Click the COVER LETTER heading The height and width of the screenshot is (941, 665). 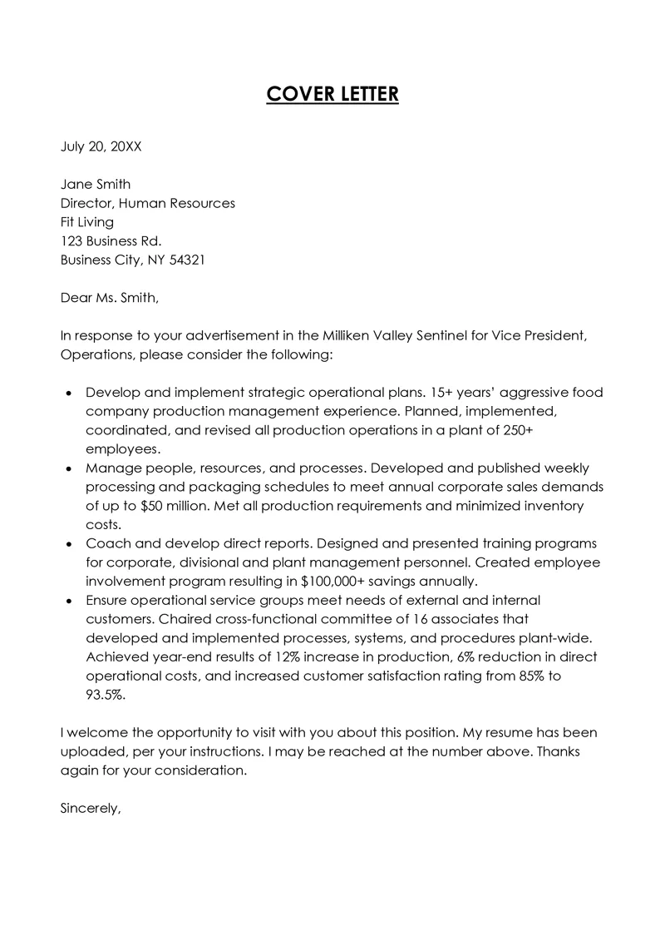pos(332,95)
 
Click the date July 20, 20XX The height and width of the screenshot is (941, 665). pos(101,147)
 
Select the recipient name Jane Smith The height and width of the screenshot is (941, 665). pos(96,184)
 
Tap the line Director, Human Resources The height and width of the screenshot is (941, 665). pos(148,203)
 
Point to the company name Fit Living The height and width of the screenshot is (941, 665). pos(87,222)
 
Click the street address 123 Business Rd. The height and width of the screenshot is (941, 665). pos(111,241)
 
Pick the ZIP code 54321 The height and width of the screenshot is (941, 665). pos(186,260)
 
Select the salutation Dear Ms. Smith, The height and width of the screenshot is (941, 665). pos(109,297)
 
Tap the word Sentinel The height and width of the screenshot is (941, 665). pos(433,335)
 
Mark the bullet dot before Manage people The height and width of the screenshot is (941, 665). pos(68,468)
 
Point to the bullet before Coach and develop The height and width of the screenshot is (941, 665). pos(68,544)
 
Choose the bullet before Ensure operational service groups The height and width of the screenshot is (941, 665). pos(68,601)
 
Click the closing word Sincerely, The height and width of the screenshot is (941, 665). pos(91,807)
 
